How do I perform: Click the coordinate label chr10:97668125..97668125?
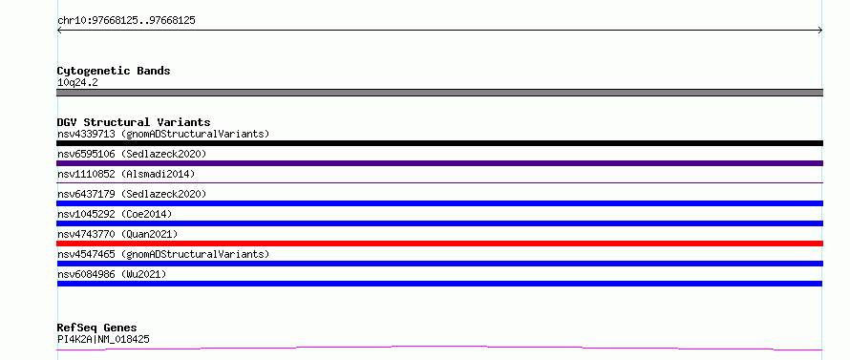coord(126,21)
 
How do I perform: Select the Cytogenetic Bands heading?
coord(114,71)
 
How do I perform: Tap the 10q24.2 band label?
coord(77,83)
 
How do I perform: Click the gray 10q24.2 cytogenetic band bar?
coord(439,93)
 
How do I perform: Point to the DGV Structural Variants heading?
coord(134,122)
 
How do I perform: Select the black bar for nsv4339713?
coord(439,143)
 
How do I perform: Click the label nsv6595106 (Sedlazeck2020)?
coord(132,154)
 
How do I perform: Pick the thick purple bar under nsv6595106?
coord(439,163)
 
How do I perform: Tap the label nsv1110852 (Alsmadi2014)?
coord(126,174)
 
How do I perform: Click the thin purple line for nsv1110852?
coord(439,182)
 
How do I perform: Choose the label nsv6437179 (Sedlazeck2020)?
coord(132,194)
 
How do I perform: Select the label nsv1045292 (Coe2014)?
coord(115,214)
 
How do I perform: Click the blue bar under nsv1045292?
coord(439,223)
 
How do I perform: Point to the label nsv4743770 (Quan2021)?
coord(117,234)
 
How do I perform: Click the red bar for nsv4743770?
coord(439,244)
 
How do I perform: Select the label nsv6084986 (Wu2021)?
coord(111,274)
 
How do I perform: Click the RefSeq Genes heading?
coord(96,328)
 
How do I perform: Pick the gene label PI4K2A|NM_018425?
coord(103,339)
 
